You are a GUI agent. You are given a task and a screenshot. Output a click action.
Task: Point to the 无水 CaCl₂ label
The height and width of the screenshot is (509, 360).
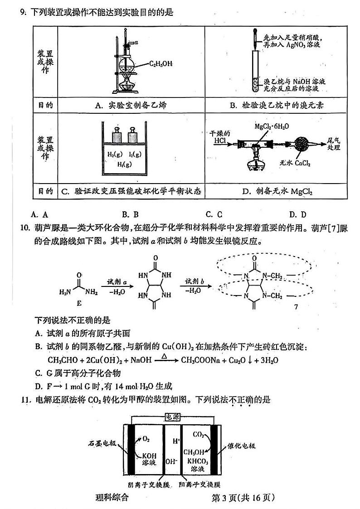(x=295, y=163)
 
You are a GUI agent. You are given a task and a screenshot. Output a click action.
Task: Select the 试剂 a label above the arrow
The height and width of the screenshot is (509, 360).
(x=112, y=281)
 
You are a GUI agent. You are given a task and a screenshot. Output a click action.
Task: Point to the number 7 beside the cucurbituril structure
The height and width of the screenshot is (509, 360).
(x=296, y=307)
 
